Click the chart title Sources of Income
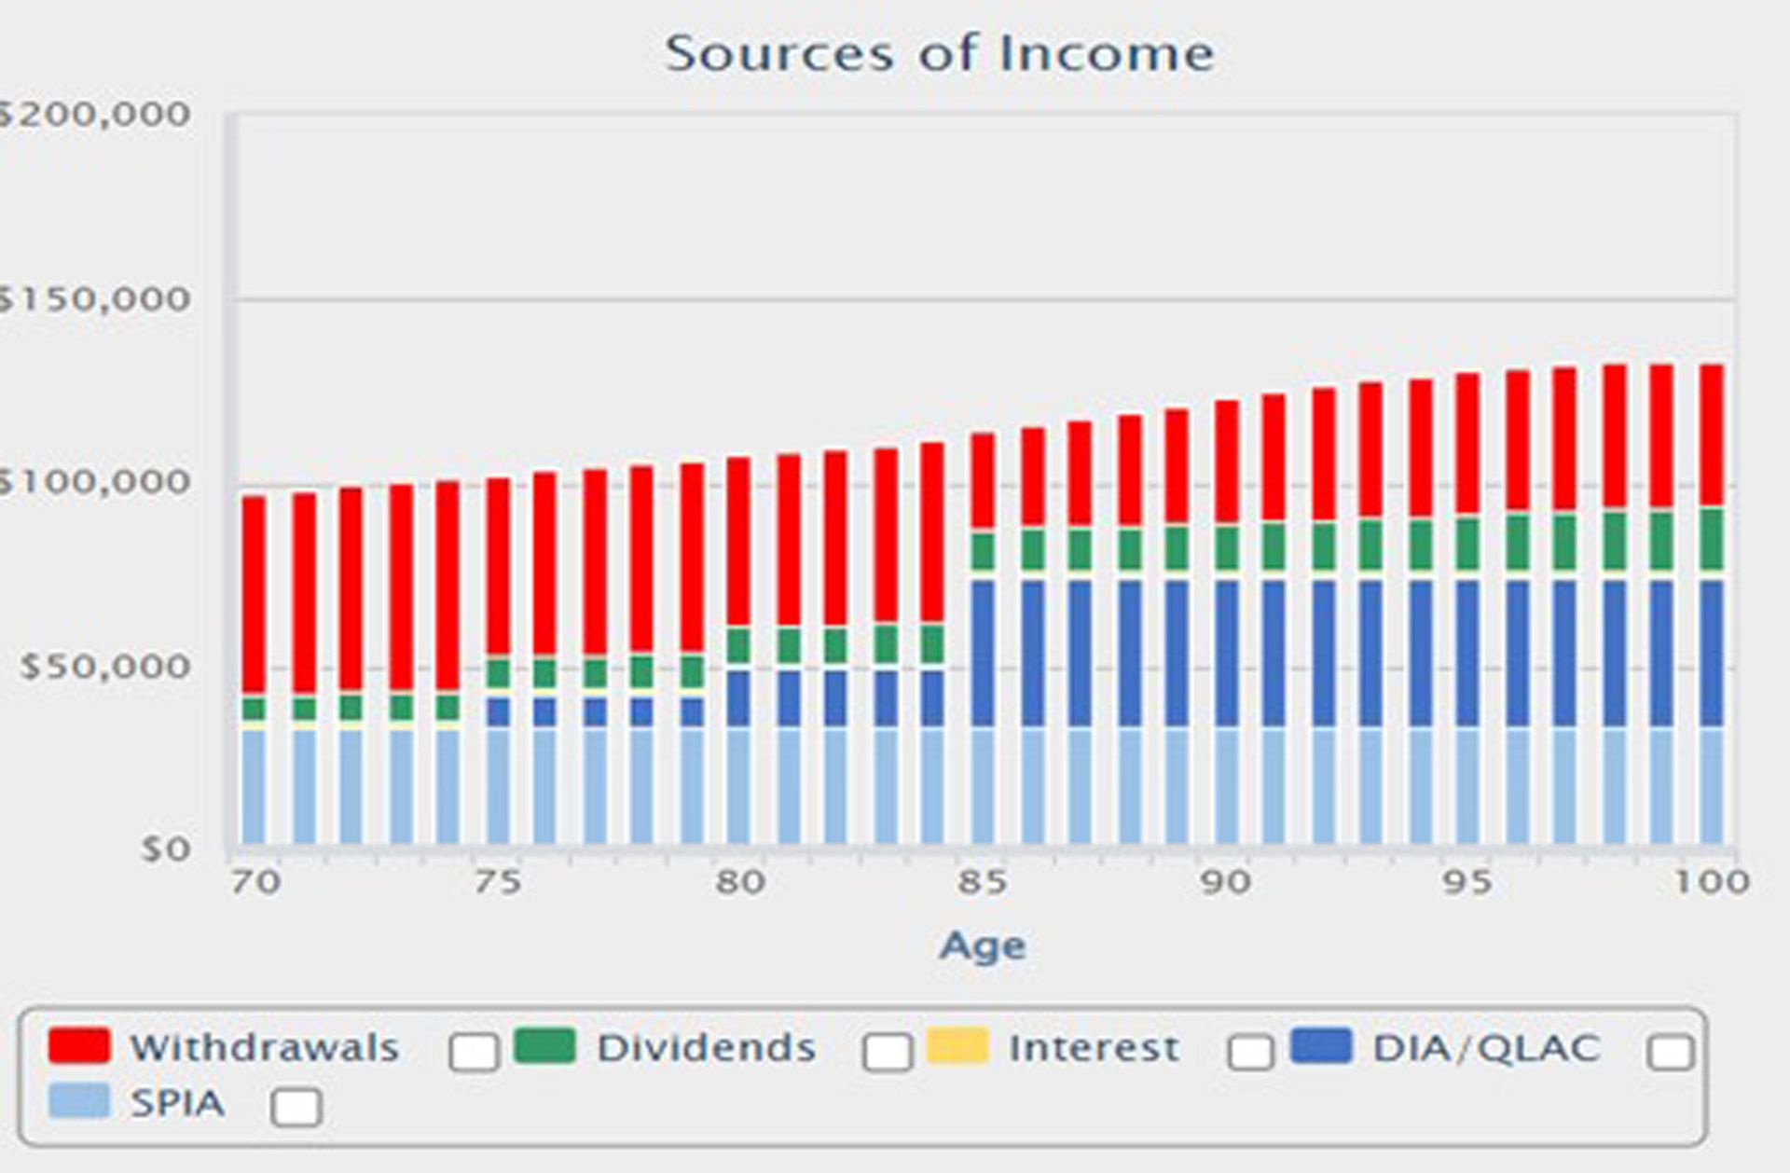click(x=940, y=53)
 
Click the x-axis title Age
click(x=982, y=945)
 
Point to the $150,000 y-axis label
click(x=93, y=299)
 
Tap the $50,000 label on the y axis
click(x=105, y=667)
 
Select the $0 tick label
click(x=166, y=849)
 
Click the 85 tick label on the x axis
click(x=982, y=881)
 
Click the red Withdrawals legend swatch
click(x=79, y=1045)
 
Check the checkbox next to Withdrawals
click(x=474, y=1052)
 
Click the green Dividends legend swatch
click(x=544, y=1045)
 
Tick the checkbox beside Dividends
click(x=888, y=1052)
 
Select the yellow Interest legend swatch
click(x=957, y=1045)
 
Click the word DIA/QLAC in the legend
click(x=1486, y=1048)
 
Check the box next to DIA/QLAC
click(x=1670, y=1052)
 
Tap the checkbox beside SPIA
click(x=296, y=1107)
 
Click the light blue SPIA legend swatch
click(x=79, y=1100)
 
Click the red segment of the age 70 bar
click(x=254, y=597)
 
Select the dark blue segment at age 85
click(x=983, y=653)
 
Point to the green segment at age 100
click(x=1712, y=539)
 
